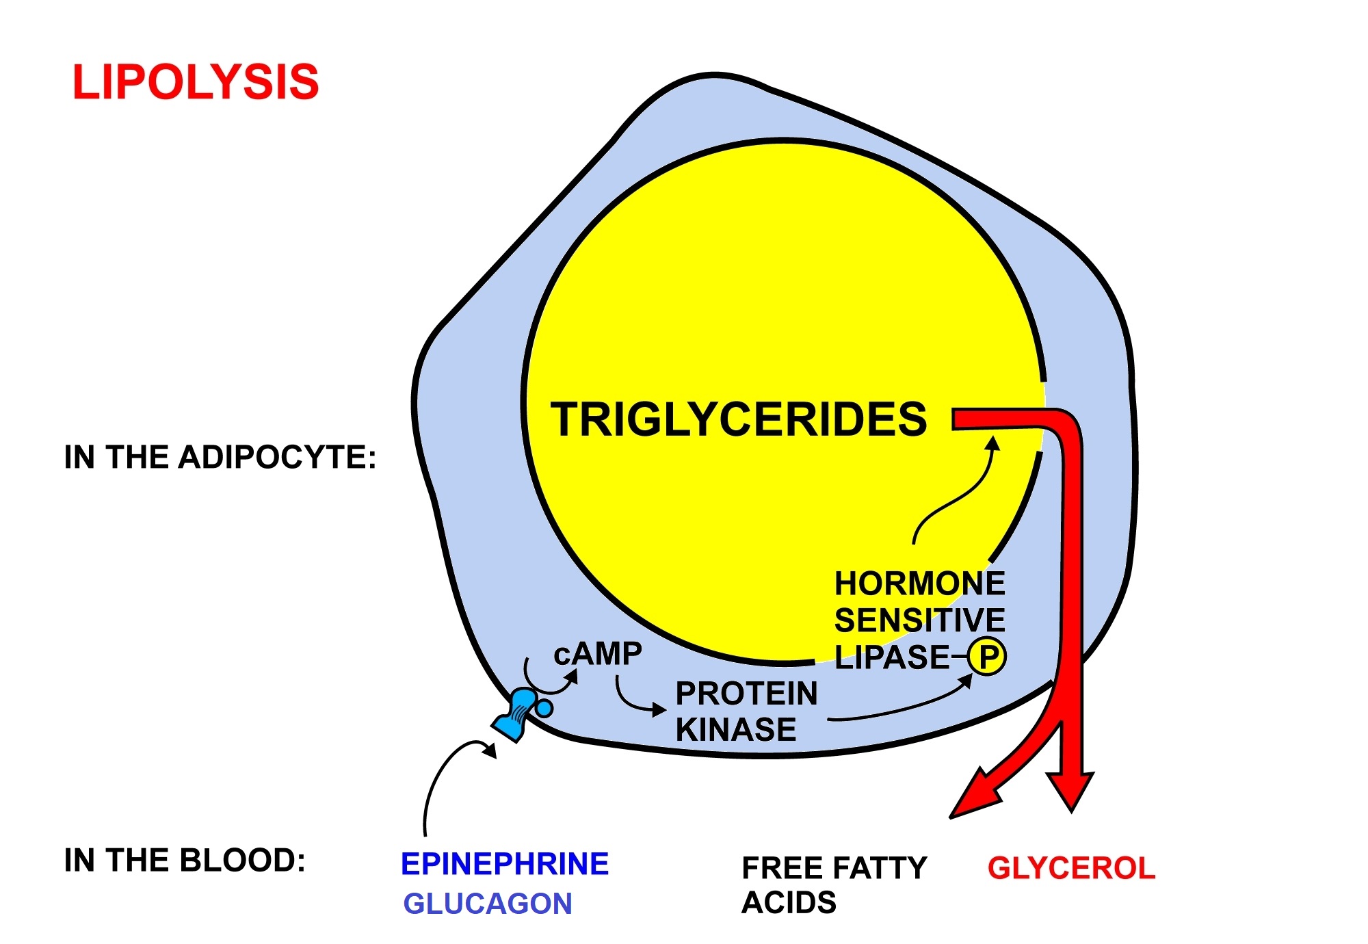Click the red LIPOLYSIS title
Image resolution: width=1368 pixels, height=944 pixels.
click(196, 83)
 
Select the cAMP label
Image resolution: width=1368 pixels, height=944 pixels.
click(598, 654)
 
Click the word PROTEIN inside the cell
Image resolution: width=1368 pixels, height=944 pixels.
click(746, 694)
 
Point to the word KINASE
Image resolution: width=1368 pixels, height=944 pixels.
click(736, 729)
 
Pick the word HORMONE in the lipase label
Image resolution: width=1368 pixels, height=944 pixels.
click(920, 584)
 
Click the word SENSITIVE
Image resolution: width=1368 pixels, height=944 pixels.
click(920, 620)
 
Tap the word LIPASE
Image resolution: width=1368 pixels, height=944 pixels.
click(892, 657)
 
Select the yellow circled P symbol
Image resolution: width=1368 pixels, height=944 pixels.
click(987, 657)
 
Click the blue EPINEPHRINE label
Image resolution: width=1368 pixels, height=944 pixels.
click(505, 864)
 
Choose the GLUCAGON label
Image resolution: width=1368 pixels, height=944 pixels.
click(488, 904)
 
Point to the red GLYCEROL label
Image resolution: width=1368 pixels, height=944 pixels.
click(1071, 868)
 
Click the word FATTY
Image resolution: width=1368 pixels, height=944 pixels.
click(886, 868)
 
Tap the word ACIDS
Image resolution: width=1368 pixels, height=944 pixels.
click(789, 903)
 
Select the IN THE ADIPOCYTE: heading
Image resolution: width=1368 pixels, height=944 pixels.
click(220, 457)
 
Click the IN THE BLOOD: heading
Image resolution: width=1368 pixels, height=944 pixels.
click(185, 861)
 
